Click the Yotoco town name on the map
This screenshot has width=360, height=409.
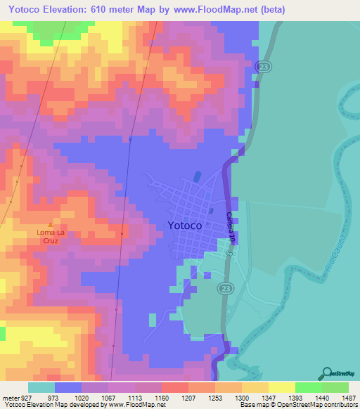[x=186, y=226]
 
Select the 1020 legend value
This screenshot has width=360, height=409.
[x=82, y=398]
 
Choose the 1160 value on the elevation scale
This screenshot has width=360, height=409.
[x=162, y=398]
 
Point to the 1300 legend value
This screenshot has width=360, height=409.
[x=241, y=398]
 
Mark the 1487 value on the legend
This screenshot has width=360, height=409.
[x=348, y=398]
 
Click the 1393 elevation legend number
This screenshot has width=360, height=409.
[x=295, y=398]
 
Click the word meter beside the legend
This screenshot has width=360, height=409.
[x=8, y=398]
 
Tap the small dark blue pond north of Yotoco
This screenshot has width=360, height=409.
[x=196, y=175]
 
